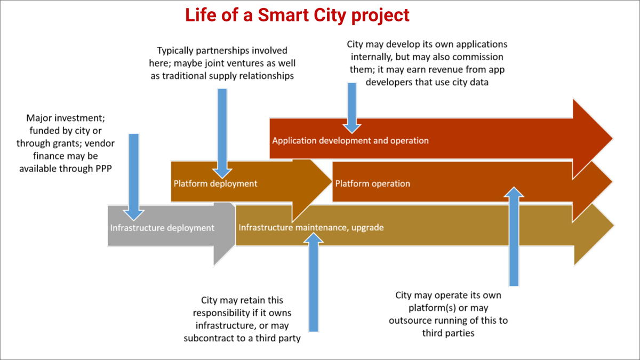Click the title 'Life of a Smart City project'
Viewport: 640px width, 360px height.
[x=297, y=14]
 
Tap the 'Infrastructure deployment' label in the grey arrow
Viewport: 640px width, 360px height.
[x=162, y=228]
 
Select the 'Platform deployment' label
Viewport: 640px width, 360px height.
[x=215, y=183]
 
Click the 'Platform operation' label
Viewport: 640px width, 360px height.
[x=373, y=183]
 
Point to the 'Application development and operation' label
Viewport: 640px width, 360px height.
[x=350, y=141]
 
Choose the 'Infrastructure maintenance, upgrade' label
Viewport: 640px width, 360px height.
[x=311, y=228]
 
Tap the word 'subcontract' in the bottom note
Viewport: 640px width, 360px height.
[x=207, y=338]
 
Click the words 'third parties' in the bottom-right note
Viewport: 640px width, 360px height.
[x=448, y=333]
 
